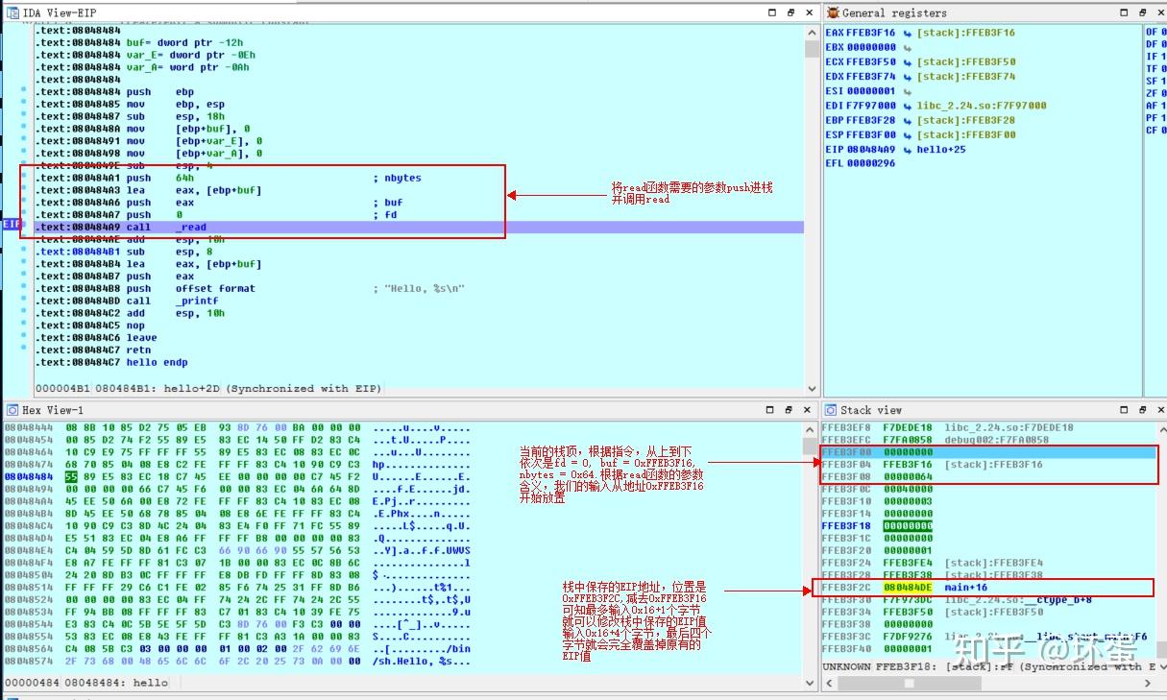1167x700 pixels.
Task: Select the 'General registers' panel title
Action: point(893,12)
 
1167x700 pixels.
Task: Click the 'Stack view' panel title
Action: point(870,410)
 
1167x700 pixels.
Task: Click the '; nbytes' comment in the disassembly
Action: point(397,178)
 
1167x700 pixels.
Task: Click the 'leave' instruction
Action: point(141,338)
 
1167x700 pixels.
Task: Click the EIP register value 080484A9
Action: point(871,149)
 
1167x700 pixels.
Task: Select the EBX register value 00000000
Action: point(871,47)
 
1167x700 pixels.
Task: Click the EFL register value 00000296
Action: point(871,163)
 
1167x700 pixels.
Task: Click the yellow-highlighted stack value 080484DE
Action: point(908,588)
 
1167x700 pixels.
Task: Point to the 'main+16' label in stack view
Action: point(965,588)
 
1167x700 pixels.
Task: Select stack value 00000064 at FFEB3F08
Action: point(908,476)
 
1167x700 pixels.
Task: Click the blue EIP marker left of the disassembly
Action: point(12,224)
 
